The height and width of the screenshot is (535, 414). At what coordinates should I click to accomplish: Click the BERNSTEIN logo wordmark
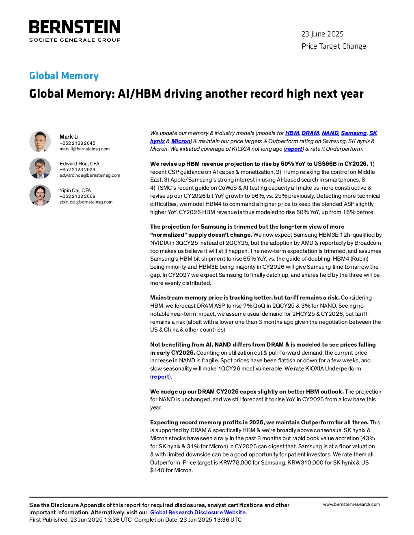click(75, 27)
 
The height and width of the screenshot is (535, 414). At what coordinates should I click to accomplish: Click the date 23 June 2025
click(322, 34)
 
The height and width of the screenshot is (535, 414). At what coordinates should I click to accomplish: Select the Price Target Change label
click(334, 46)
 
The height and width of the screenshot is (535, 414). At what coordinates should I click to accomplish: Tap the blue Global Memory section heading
click(64, 75)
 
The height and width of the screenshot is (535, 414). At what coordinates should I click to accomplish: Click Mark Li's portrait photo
click(40, 141)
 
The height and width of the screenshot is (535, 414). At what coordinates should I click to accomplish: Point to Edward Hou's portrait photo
click(40, 168)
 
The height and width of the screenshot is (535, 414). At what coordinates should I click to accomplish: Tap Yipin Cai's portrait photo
click(40, 195)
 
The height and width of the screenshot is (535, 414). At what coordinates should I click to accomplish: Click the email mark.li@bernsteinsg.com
click(84, 149)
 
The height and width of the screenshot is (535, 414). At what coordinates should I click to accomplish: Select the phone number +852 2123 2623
click(78, 169)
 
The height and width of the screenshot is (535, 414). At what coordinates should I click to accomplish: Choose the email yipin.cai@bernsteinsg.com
click(86, 202)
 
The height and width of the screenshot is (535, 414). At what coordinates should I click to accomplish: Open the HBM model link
click(292, 133)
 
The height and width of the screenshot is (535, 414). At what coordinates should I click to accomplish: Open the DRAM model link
click(310, 133)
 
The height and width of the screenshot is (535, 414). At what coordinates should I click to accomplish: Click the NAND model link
click(330, 133)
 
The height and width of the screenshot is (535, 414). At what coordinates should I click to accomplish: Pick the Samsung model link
click(354, 133)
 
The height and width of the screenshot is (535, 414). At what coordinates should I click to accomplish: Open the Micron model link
click(181, 141)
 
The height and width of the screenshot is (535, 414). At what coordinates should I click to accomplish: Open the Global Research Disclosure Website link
click(198, 513)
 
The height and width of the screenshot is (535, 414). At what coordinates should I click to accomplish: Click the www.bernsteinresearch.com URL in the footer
click(351, 505)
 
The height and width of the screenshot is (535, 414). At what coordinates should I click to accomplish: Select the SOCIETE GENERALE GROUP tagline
click(75, 40)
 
